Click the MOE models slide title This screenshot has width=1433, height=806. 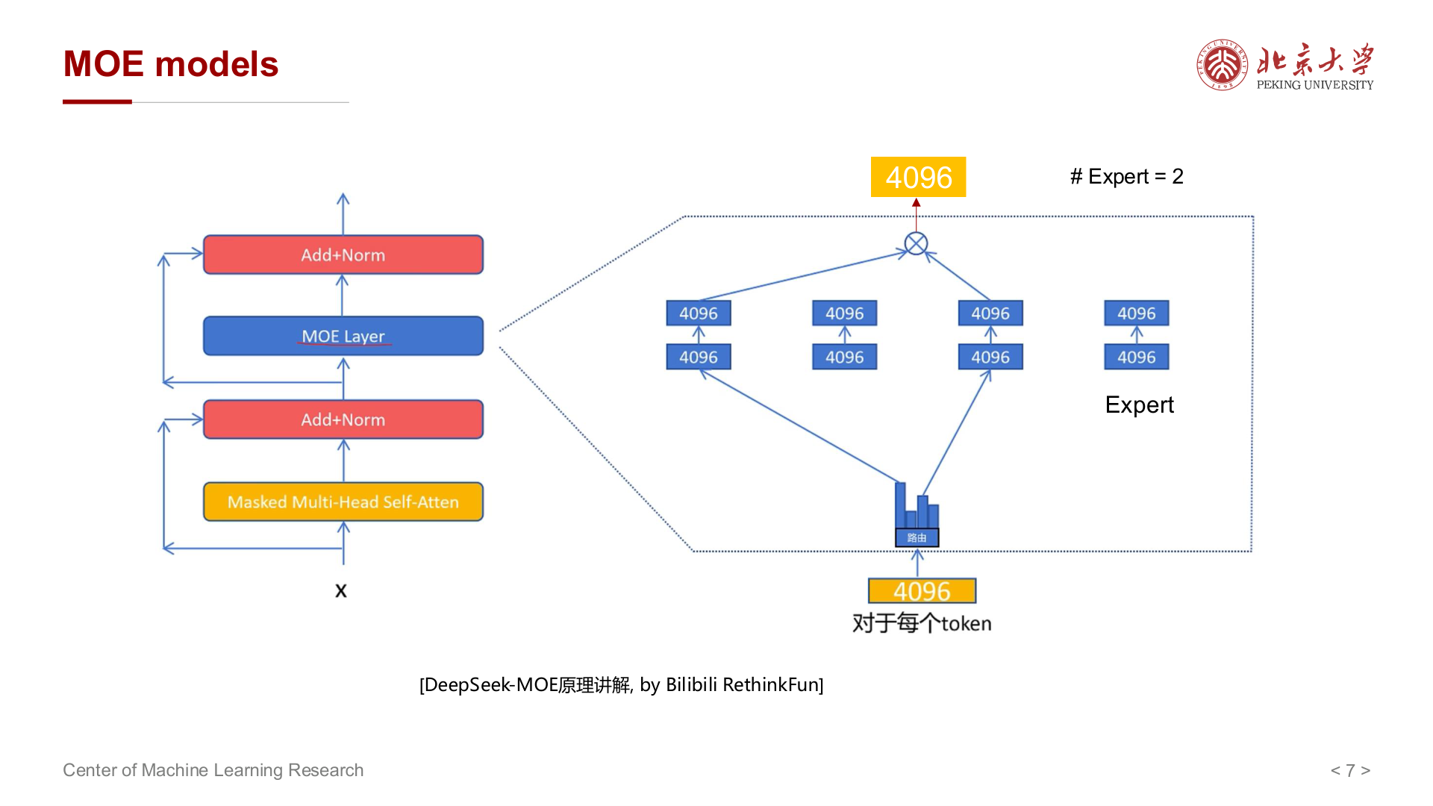click(171, 64)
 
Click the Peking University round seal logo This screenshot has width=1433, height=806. click(1222, 65)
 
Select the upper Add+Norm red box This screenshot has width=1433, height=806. click(343, 254)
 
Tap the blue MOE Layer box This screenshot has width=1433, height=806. click(343, 336)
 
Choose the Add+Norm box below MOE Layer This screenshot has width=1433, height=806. click(343, 419)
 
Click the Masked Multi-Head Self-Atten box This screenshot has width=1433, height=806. click(343, 502)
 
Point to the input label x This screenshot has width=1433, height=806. click(341, 591)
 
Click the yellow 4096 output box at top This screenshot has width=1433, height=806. click(918, 177)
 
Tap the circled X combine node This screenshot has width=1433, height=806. click(916, 243)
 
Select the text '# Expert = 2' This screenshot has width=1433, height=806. click(1126, 177)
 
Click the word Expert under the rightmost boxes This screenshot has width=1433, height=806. click(1139, 404)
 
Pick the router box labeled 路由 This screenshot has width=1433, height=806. click(917, 537)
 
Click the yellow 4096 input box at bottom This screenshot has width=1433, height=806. click(922, 591)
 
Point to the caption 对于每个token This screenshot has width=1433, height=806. click(922, 623)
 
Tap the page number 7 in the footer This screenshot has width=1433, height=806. click(1350, 770)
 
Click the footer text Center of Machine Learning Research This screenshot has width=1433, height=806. click(213, 770)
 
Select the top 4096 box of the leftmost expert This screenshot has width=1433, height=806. click(699, 313)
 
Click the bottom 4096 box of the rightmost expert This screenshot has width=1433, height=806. click(1137, 357)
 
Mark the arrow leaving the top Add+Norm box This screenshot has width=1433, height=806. click(343, 214)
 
